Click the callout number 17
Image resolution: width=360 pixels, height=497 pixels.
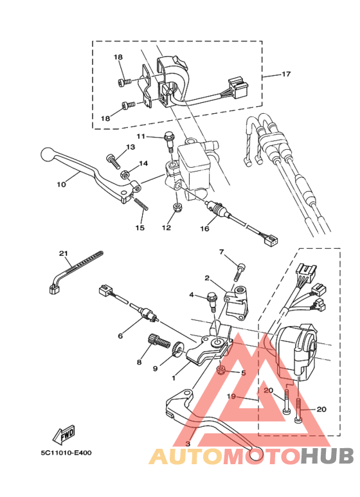pos(286,74)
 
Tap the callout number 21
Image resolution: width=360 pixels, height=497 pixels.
pos(64,253)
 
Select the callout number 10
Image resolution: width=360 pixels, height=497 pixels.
pos(61,184)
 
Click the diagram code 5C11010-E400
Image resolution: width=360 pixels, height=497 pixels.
pos(66,453)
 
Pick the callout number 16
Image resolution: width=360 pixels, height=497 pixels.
pos(204,228)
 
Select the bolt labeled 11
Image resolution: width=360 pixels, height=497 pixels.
pos(169,141)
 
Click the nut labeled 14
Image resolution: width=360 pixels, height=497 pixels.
pos(125,174)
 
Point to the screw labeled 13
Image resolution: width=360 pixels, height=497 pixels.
pos(113,160)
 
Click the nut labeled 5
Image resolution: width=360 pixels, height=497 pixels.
pos(221,369)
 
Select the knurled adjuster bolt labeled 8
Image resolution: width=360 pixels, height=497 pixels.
pos(158,342)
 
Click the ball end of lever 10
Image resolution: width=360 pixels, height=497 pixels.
pos(48,154)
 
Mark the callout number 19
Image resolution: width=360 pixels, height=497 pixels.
pos(231,396)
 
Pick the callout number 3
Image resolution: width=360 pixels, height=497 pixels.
pos(188,444)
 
